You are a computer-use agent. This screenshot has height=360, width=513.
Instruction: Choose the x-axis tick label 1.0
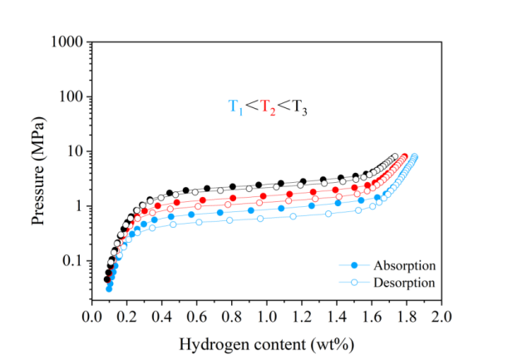click(266, 318)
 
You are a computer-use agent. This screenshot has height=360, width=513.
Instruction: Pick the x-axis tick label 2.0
click(441, 318)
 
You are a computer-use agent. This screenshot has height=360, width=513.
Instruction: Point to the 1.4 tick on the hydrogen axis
click(336, 318)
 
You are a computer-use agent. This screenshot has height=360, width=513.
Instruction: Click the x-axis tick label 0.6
click(196, 318)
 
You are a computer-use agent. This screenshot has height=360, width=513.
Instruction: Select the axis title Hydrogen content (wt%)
click(266, 342)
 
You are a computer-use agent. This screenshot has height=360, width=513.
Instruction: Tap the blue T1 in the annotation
click(234, 106)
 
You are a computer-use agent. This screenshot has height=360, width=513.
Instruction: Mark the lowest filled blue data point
click(109, 288)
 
